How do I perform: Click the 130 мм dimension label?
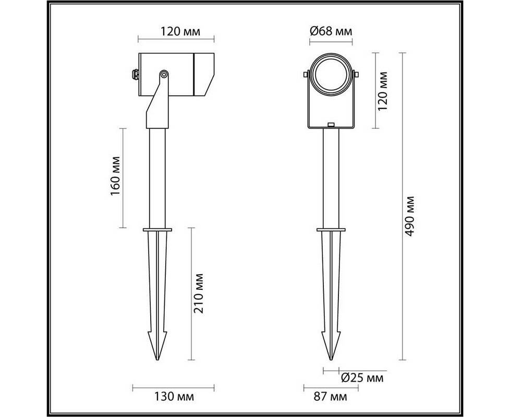[174, 397]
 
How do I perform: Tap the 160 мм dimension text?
[115, 176]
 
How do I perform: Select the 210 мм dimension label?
[198, 293]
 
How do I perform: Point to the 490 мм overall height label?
[410, 216]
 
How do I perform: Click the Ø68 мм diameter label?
[331, 31]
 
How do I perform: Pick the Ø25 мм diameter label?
[362, 378]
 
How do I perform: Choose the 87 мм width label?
[330, 397]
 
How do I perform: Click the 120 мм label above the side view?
[180, 31]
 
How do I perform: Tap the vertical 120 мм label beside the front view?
[383, 91]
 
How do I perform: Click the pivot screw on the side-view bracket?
[164, 75]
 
